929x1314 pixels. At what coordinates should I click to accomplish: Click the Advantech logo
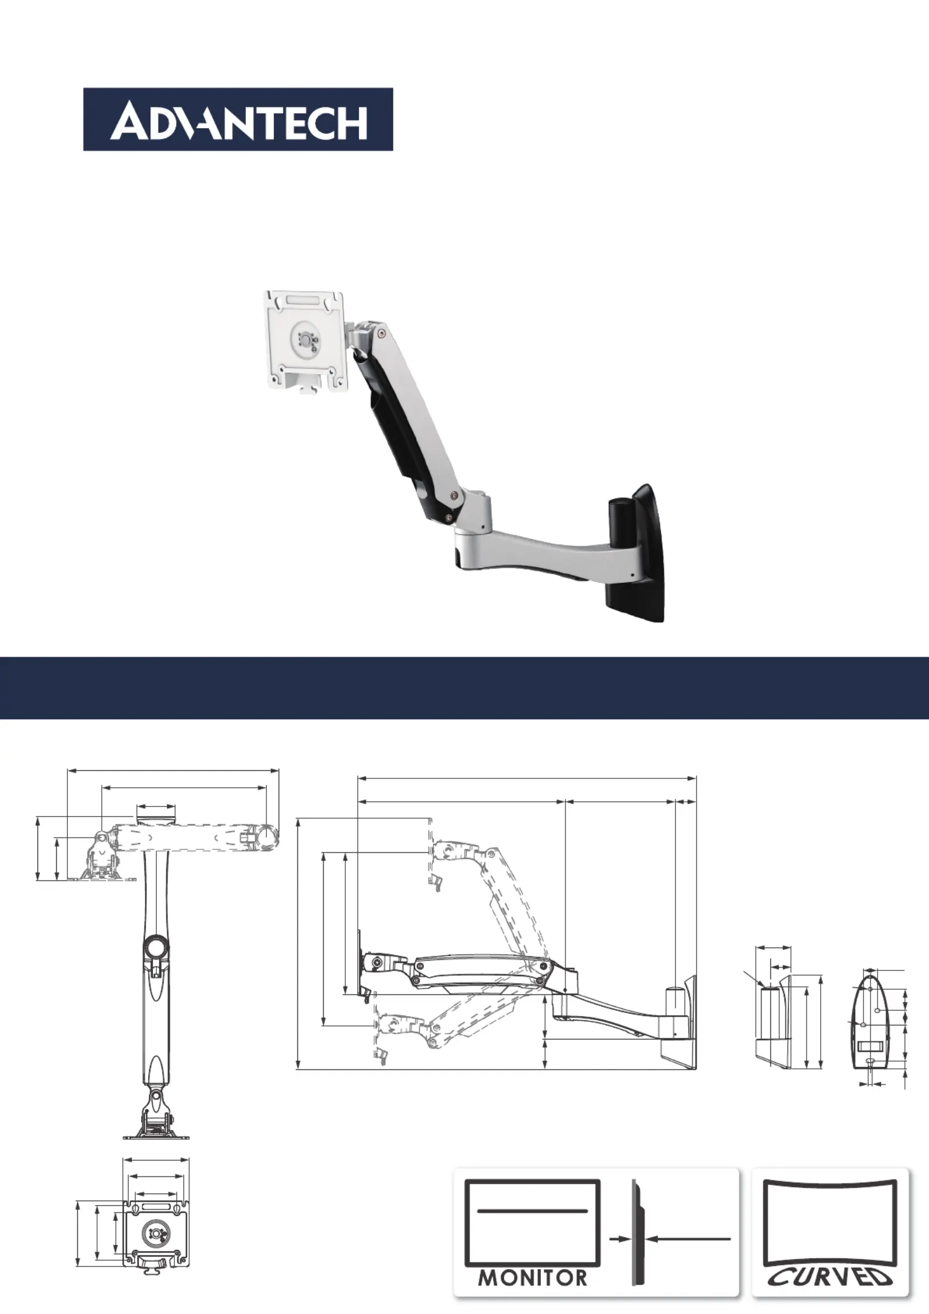(238, 119)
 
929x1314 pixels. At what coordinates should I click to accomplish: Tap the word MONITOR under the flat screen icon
(533, 1278)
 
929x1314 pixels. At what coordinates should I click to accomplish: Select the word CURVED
(830, 1277)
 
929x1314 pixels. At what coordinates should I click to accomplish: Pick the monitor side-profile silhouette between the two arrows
(638, 1233)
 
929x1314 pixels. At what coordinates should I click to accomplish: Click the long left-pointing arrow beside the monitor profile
(690, 1238)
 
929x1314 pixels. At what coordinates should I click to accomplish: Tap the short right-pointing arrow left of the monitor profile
(619, 1238)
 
